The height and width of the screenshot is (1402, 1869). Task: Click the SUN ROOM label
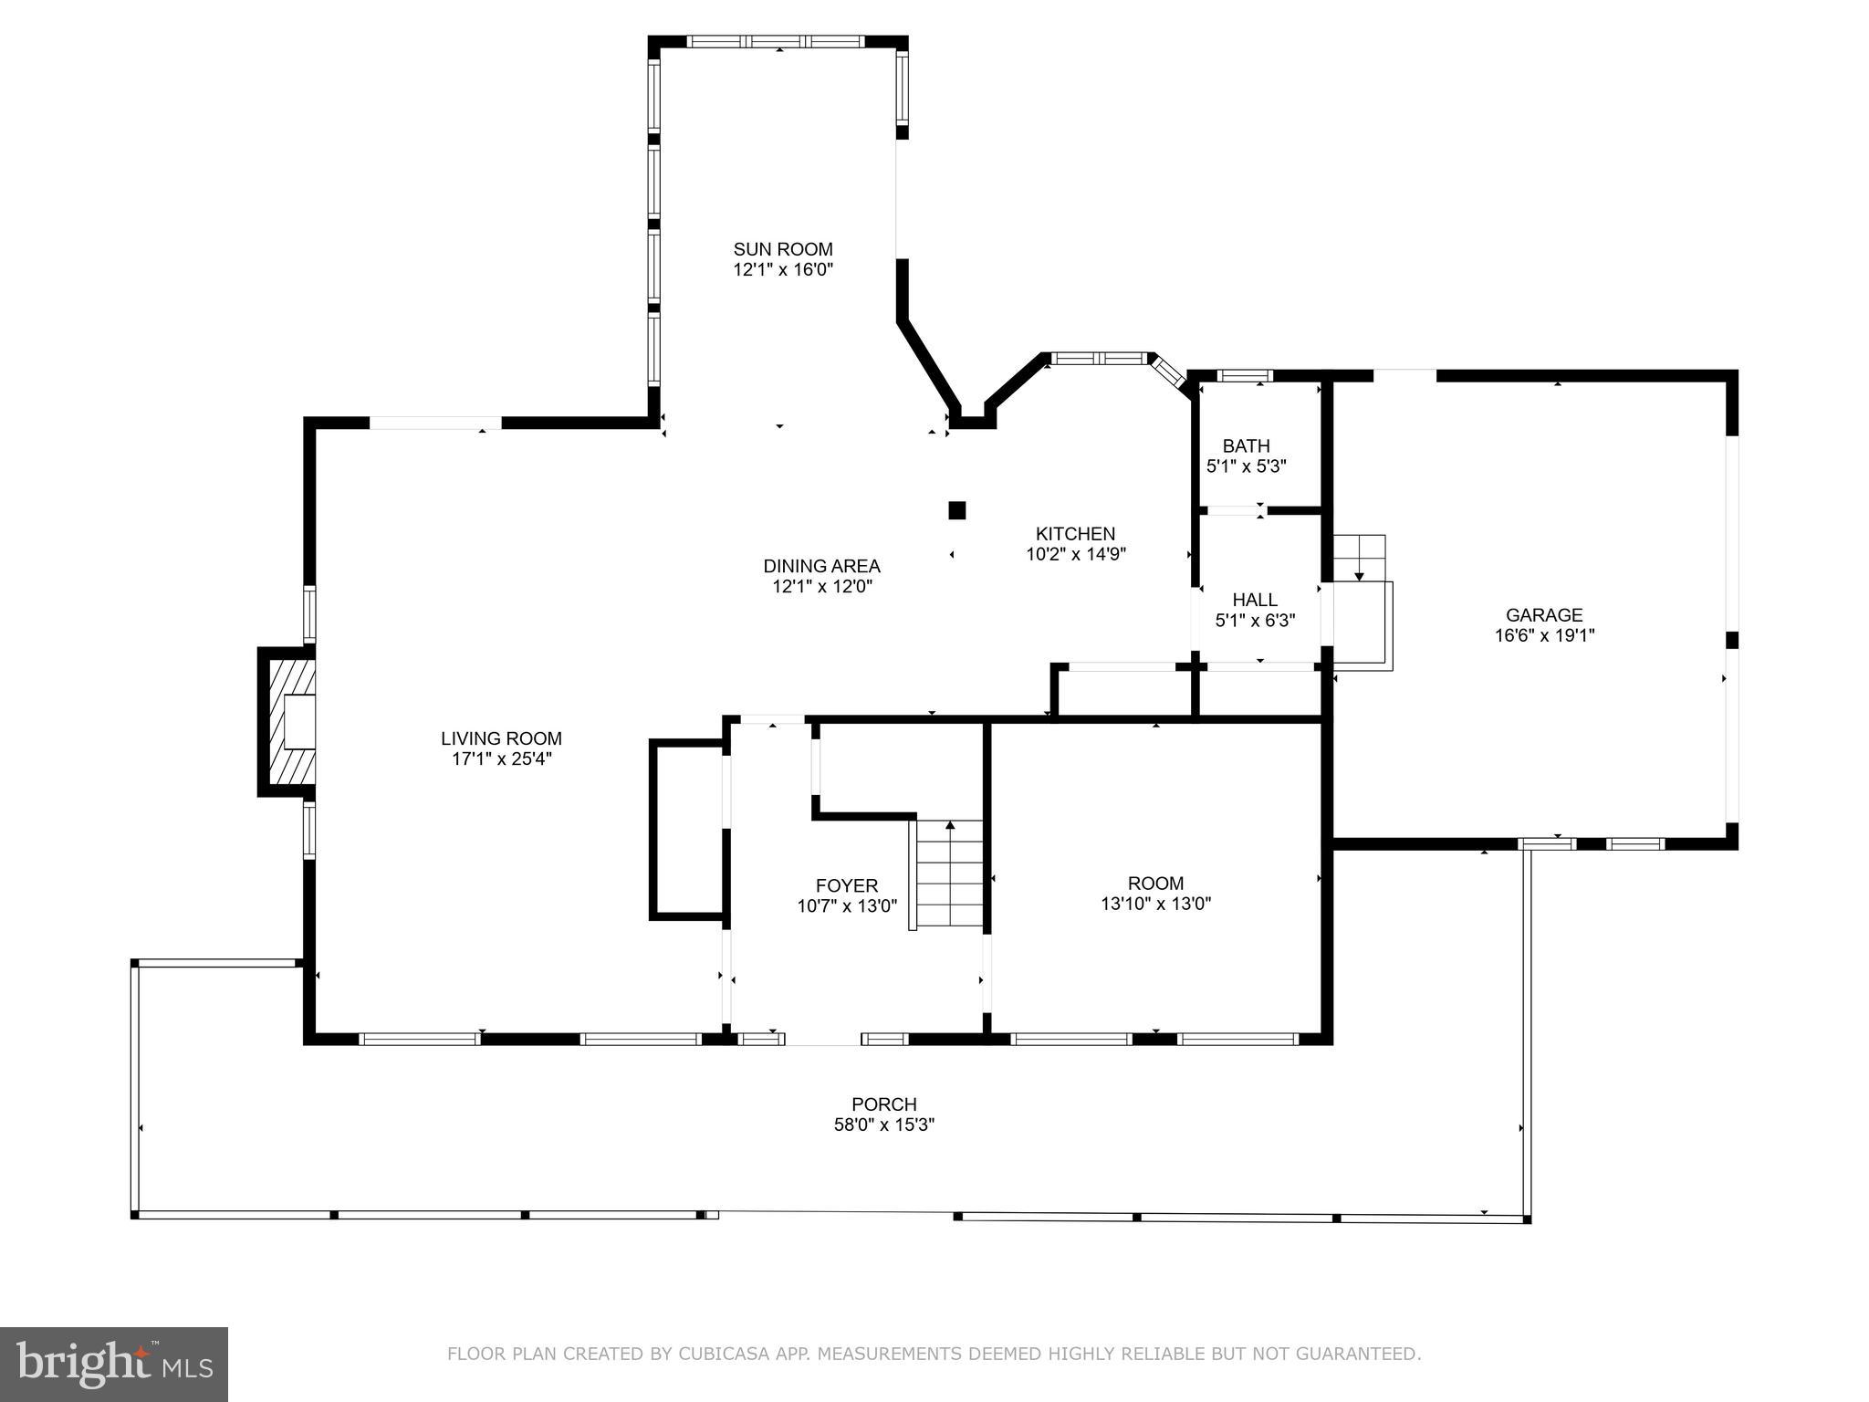pyautogui.click(x=783, y=249)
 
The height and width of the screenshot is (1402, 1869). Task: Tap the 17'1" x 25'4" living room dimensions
pyautogui.click(x=501, y=759)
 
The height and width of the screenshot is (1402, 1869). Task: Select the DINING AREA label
pyautogui.click(x=821, y=566)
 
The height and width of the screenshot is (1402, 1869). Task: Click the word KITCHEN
pyautogui.click(x=1075, y=534)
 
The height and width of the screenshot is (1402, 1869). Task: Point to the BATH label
pyautogui.click(x=1246, y=446)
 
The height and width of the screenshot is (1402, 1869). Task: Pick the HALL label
pyautogui.click(x=1255, y=600)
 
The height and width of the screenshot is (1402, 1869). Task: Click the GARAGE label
pyautogui.click(x=1544, y=615)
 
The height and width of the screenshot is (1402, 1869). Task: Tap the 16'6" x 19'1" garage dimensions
pyautogui.click(x=1544, y=635)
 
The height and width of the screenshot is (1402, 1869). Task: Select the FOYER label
pyautogui.click(x=847, y=885)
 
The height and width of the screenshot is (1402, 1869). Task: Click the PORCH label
pyautogui.click(x=883, y=1104)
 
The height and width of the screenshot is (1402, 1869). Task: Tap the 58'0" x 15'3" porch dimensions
pyautogui.click(x=883, y=1125)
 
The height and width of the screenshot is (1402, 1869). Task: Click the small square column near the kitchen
pyautogui.click(x=956, y=510)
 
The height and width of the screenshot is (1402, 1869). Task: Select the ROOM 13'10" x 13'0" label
pyautogui.click(x=1155, y=893)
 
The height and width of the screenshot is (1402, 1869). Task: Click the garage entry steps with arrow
pyautogui.click(x=1360, y=557)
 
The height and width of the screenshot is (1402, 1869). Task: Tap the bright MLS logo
pyautogui.click(x=114, y=1364)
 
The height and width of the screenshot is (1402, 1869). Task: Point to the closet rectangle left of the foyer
pyautogui.click(x=688, y=829)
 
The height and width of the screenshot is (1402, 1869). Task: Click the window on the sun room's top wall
pyautogui.click(x=776, y=41)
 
